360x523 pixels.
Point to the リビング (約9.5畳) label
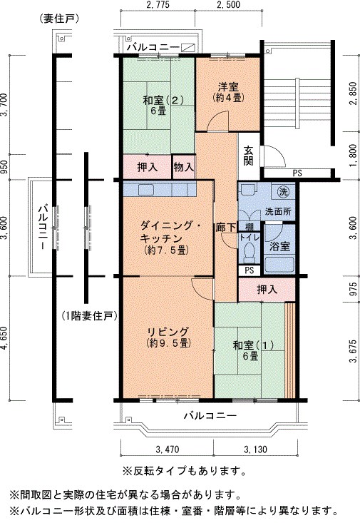[168, 337]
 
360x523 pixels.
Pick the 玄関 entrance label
[248, 156]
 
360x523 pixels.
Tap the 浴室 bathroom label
[279, 247]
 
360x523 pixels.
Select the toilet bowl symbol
[249, 250]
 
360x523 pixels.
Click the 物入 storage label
[182, 166]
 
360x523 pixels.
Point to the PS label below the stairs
[297, 173]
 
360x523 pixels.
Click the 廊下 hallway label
[227, 227]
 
